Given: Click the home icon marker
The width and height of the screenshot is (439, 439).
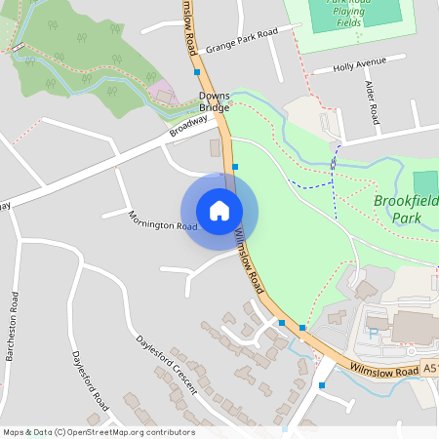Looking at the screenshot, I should (219, 211).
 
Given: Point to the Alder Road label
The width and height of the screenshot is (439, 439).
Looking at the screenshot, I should (374, 103).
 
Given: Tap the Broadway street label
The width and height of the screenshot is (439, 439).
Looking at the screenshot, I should (189, 126).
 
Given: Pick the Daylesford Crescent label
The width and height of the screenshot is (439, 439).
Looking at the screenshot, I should (167, 366).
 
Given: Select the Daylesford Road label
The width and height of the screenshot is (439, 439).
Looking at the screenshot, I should (89, 381).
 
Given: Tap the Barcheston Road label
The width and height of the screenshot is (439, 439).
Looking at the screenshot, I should (13, 326).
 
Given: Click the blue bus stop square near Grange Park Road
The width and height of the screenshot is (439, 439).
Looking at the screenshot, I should (197, 72).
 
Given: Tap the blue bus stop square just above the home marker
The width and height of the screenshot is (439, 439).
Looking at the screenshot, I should (235, 168).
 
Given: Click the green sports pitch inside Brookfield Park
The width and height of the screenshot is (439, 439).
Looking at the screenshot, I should (425, 183).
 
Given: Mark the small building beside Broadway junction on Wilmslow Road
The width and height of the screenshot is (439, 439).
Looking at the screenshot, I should (215, 147).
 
